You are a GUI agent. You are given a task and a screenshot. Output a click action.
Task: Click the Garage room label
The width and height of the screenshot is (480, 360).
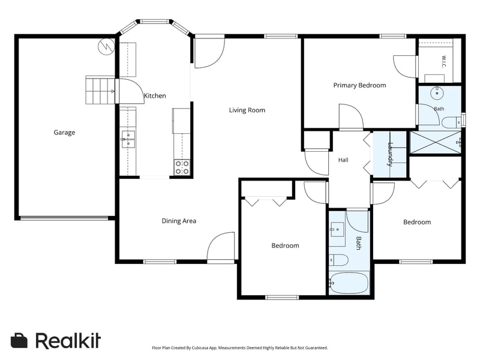(x=64, y=133)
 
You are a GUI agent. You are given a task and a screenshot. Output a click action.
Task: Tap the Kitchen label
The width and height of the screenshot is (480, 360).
(x=155, y=96)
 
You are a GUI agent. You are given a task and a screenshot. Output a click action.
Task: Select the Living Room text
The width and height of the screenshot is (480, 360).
(x=247, y=110)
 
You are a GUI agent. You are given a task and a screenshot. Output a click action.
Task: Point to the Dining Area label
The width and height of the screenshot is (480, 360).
(x=179, y=221)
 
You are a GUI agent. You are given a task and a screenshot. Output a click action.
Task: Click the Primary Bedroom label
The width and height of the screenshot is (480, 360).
(x=359, y=85)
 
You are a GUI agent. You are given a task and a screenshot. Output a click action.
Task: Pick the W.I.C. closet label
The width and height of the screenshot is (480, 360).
(x=444, y=62)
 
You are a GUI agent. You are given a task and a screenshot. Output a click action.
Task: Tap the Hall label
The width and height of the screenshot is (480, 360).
(x=343, y=160)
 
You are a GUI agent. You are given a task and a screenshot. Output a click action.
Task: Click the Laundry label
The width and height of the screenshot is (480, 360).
(x=391, y=154)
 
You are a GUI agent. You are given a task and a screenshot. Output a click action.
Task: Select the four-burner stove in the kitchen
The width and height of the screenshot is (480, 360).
(x=182, y=167)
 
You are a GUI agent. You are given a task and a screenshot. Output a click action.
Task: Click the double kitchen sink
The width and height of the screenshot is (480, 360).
(x=128, y=139)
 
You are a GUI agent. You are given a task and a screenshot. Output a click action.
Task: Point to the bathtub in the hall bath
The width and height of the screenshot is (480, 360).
(x=349, y=283)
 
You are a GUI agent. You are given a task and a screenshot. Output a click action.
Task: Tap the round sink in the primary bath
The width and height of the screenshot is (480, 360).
(x=437, y=93)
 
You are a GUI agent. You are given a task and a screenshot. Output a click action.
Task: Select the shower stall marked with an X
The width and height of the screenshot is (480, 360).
(x=435, y=142)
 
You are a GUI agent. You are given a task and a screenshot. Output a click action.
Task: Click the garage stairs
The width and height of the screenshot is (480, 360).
(x=100, y=90)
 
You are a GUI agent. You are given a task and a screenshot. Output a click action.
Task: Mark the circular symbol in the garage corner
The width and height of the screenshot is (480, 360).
(x=106, y=47)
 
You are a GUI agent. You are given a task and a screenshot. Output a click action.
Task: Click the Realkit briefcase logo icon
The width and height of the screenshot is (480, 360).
(x=19, y=340)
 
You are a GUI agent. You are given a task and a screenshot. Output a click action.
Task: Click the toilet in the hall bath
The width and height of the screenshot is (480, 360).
(x=339, y=260)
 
